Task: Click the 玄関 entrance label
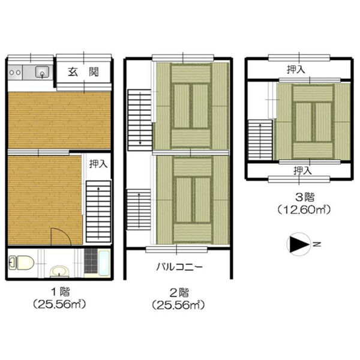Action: (x=83, y=72)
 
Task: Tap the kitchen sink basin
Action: (x=42, y=72)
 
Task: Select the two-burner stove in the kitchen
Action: (x=15, y=73)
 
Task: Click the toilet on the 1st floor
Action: (x=22, y=262)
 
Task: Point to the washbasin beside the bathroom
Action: (x=59, y=271)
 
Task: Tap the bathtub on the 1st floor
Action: (x=104, y=263)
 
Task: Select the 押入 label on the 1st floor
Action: (x=98, y=164)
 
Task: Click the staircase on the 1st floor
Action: (x=98, y=211)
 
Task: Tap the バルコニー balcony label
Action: (x=179, y=267)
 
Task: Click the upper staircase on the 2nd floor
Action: (x=140, y=120)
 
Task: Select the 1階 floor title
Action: (x=61, y=292)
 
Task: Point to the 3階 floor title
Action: (x=305, y=197)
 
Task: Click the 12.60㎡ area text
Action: (x=304, y=209)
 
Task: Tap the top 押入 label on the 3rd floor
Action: (x=296, y=69)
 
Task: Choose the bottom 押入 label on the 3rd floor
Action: (x=302, y=170)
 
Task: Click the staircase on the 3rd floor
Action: (x=260, y=140)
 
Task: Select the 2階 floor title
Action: (x=179, y=293)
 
